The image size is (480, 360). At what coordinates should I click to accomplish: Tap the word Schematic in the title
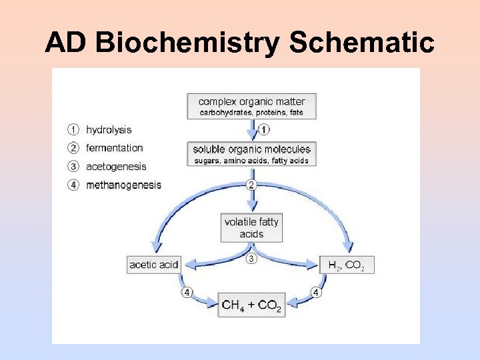tap(361, 43)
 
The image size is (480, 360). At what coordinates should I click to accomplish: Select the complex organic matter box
tap(251, 106)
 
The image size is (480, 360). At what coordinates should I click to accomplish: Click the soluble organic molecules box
tap(251, 154)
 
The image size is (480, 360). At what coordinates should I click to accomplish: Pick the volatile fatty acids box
tap(251, 228)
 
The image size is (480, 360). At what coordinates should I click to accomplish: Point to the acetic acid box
tap(154, 265)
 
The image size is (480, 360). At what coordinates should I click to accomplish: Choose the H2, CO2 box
tap(346, 265)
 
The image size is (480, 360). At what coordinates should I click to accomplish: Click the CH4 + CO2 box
tap(251, 305)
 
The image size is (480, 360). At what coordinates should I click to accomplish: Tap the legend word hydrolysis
tap(109, 130)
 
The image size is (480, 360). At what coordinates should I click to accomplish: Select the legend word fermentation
tap(114, 148)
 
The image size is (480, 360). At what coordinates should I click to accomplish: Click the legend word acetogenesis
tap(116, 166)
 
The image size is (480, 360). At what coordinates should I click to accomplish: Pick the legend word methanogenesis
tap(123, 185)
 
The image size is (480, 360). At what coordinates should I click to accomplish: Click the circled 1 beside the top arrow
tap(265, 130)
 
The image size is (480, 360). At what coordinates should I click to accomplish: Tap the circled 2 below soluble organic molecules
tap(251, 185)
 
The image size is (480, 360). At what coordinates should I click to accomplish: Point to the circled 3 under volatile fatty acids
tap(251, 258)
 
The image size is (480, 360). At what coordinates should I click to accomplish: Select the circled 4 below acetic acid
tap(187, 292)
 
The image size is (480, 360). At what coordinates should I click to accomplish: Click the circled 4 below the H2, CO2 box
tap(316, 292)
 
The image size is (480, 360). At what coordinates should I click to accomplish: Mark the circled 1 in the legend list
tap(74, 130)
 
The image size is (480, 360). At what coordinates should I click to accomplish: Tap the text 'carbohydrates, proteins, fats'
tap(251, 113)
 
